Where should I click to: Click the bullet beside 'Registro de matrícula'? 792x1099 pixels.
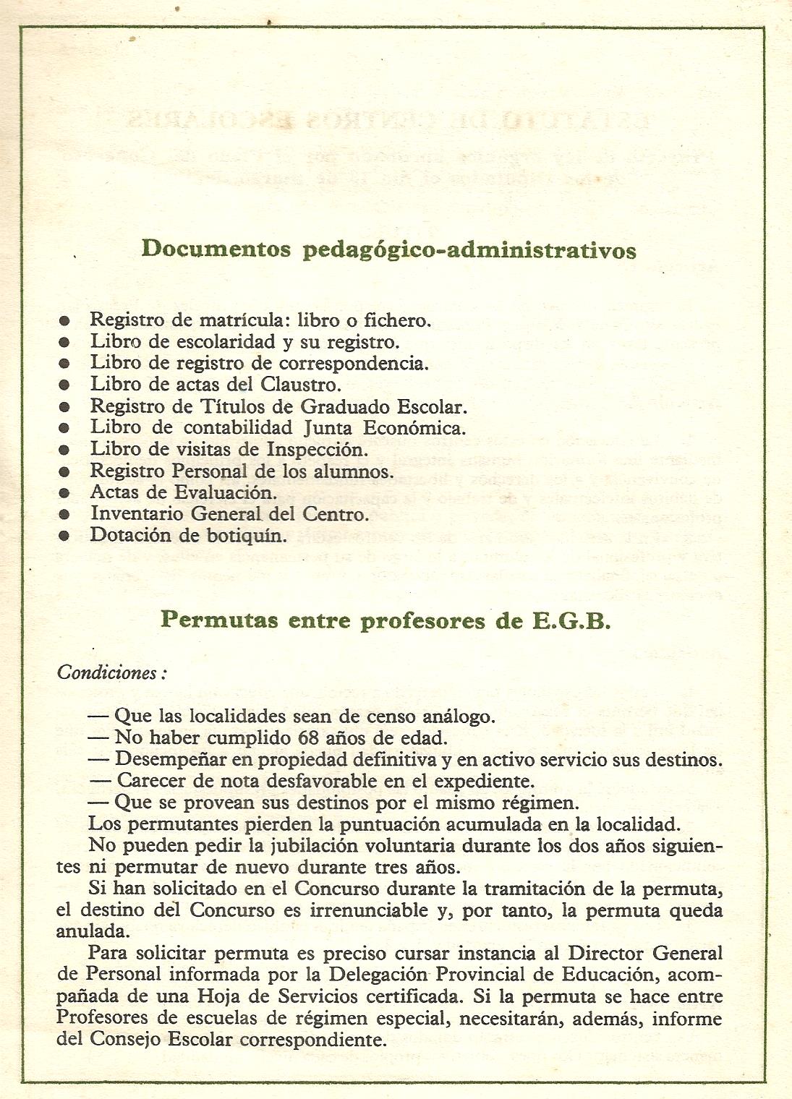tap(64, 320)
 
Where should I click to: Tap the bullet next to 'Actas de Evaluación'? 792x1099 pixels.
tap(64, 493)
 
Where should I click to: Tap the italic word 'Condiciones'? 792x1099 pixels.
tap(107, 672)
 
